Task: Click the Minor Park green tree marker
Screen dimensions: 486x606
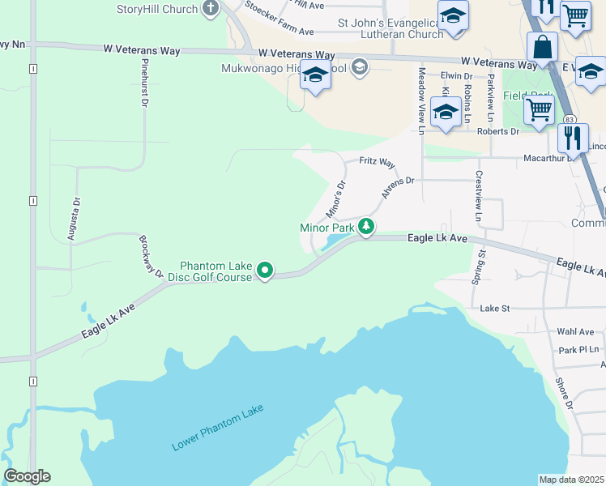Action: point(366,227)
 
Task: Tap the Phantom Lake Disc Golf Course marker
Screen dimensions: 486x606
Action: point(264,270)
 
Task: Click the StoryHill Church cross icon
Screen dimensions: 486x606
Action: point(211,9)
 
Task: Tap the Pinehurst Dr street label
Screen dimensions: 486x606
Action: point(145,83)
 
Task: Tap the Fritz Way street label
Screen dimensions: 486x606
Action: point(377,163)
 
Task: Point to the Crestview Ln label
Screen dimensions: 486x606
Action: point(479,197)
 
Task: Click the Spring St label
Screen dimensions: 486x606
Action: point(478,266)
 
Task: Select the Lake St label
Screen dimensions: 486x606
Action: point(494,308)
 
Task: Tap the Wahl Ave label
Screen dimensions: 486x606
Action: point(575,332)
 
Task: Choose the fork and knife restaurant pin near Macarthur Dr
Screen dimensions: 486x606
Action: point(573,138)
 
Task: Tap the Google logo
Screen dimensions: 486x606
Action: point(27,476)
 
